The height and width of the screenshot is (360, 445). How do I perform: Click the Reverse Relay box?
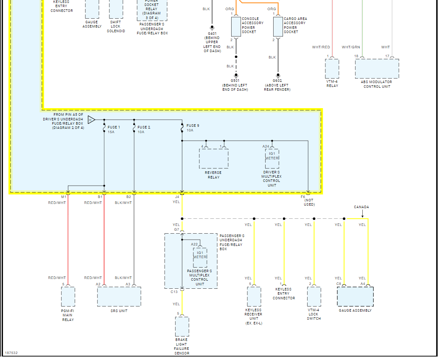pos(213,159)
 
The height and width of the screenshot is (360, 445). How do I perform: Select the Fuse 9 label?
pos(193,126)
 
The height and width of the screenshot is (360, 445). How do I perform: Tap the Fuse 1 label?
pos(114,127)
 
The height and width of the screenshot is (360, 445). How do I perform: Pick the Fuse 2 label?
pos(144,127)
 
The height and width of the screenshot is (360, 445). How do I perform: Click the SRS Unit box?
pos(119,296)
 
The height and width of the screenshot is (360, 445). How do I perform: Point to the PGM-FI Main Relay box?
pos(68,296)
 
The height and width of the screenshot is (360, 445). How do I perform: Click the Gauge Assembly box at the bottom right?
pos(355,296)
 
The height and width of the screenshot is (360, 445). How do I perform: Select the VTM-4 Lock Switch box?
pos(314,296)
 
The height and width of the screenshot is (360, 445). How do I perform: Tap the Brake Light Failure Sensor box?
pos(182,327)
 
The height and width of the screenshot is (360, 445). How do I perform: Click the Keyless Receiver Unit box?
pos(254,296)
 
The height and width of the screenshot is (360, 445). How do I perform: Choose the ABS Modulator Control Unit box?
pos(377,69)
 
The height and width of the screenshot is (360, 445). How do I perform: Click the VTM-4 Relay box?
pos(332,69)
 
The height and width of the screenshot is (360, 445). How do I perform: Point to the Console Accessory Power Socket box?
pos(236,26)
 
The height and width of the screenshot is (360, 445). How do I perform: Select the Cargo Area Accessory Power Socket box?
pos(278,26)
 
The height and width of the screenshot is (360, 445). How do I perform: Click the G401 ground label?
pos(212,33)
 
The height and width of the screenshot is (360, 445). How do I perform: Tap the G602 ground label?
pos(277,81)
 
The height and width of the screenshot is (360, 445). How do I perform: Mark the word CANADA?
pos(361,207)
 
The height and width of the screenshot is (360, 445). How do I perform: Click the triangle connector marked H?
pos(91,120)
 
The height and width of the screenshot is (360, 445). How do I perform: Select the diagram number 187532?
pos(11,353)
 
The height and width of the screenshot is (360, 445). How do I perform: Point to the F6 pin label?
pos(303,197)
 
